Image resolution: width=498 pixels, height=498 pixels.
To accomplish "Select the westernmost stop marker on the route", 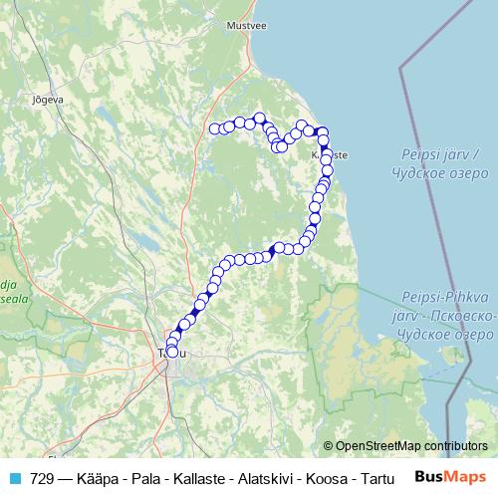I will (214, 127).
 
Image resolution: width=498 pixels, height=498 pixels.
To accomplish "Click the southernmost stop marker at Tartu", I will (172, 352).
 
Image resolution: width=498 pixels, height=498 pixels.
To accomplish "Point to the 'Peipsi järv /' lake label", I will (438, 155).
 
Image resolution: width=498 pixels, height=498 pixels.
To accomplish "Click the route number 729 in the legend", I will (42, 477).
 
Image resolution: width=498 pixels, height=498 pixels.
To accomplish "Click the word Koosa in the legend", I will (328, 477).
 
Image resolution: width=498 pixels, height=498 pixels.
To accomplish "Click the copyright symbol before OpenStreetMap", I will (329, 445).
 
